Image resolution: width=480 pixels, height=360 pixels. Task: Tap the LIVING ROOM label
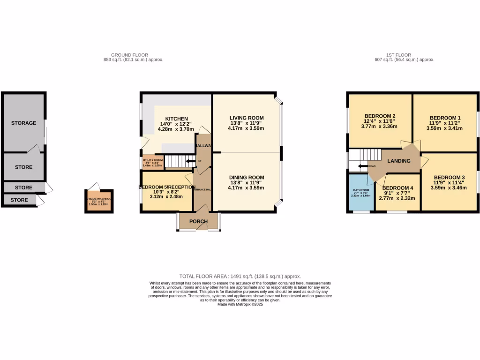click(x=246, y=118)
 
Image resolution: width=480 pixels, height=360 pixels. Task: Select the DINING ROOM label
click(x=246, y=177)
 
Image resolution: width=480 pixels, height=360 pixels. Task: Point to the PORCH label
click(x=198, y=221)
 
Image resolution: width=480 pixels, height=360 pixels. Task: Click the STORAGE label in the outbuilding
click(x=24, y=123)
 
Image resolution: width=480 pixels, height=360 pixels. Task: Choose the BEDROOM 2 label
click(x=380, y=116)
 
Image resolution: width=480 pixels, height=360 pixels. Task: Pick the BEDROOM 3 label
click(x=445, y=177)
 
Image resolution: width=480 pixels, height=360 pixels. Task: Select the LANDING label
click(x=399, y=161)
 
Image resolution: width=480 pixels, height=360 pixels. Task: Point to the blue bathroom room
click(x=360, y=193)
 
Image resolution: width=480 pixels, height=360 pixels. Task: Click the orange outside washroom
click(x=99, y=201)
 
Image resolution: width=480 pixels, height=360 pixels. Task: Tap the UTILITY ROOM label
click(x=153, y=160)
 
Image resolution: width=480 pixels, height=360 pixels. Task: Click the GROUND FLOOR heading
click(x=129, y=55)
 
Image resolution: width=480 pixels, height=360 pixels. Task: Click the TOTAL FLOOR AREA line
click(x=240, y=277)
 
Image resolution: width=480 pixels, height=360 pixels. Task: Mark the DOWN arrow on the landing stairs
click(x=363, y=166)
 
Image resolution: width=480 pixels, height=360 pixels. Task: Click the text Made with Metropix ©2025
click(x=240, y=304)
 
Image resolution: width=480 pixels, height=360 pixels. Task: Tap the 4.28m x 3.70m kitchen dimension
click(x=176, y=129)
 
